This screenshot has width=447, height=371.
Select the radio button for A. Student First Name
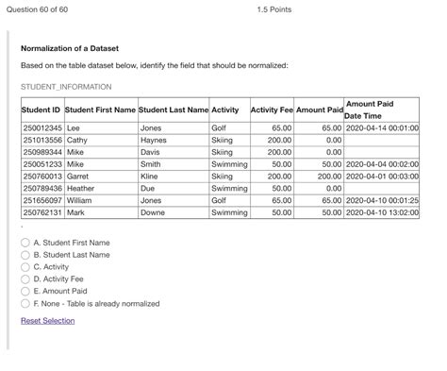[25, 243]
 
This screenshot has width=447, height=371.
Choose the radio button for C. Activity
[25, 267]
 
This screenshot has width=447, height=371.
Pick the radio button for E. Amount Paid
[25, 292]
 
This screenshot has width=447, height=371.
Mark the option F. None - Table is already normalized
[25, 304]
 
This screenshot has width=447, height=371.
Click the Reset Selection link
[47, 321]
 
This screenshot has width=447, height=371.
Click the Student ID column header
[41, 110]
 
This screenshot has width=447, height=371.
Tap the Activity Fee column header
[272, 110]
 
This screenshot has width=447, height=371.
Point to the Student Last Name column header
[174, 110]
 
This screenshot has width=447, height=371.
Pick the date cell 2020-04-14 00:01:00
[382, 126]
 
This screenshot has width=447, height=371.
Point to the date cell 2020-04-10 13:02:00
[382, 212]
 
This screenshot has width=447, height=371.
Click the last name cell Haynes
[153, 139]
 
